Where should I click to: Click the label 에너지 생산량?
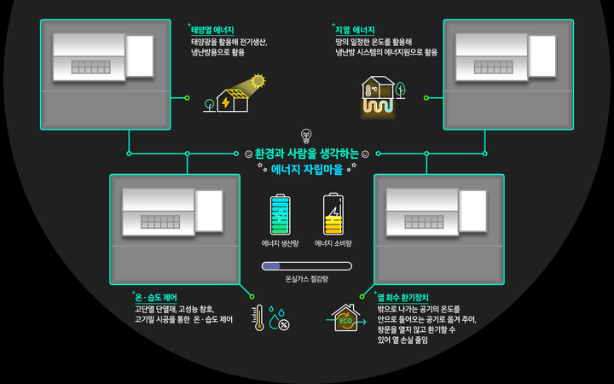(x=280, y=243)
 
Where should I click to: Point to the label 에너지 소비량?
(x=333, y=243)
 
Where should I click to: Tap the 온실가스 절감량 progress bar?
(x=306, y=265)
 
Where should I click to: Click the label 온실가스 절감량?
(x=306, y=278)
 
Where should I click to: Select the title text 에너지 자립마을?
(x=306, y=170)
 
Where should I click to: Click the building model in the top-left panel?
(x=103, y=55)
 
